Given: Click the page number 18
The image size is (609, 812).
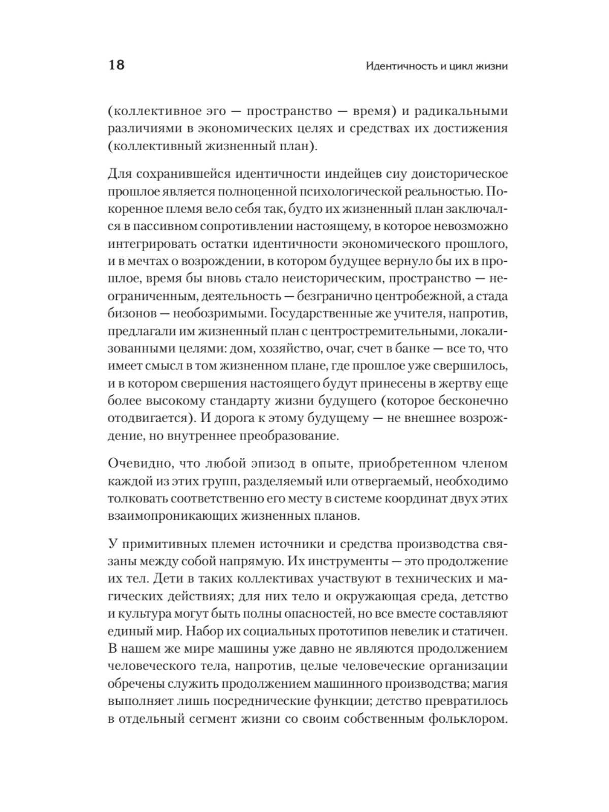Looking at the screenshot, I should [x=116, y=65].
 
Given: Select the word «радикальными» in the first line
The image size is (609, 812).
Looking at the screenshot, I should [x=461, y=111].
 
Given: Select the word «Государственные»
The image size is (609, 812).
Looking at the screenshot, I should [x=327, y=313].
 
